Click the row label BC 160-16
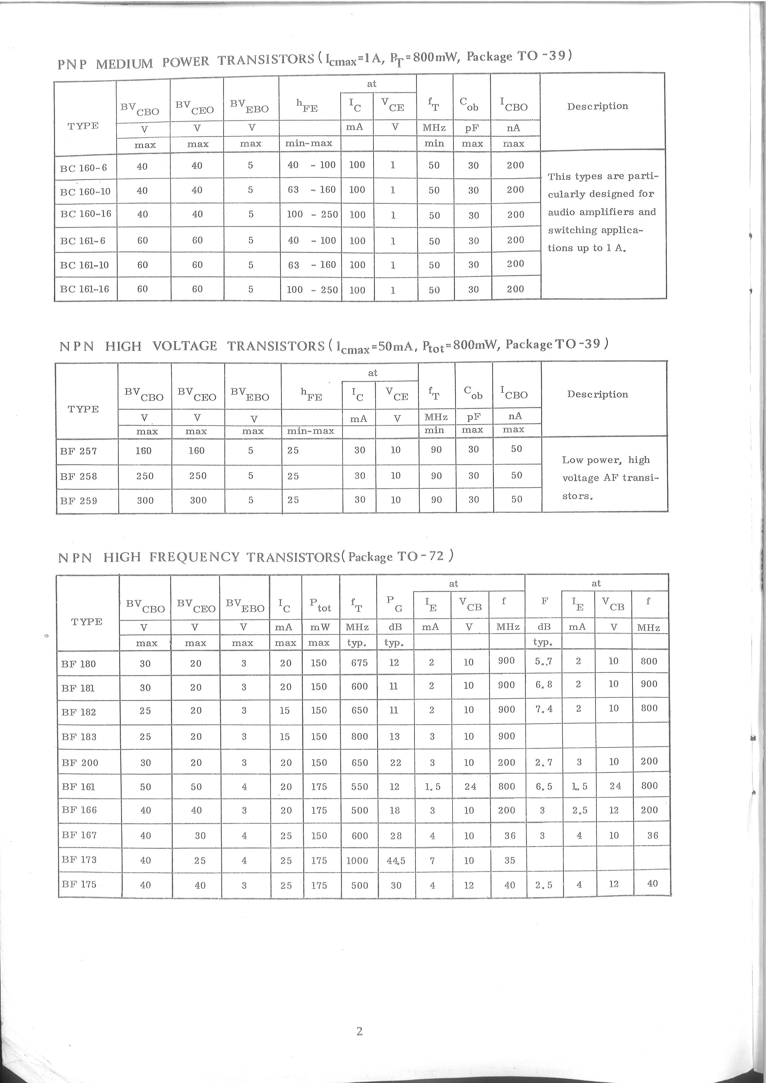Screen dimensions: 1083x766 (x=85, y=214)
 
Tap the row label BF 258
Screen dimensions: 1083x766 (x=78, y=476)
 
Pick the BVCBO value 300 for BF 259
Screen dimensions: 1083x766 (x=145, y=501)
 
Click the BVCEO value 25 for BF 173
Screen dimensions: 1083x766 (x=200, y=860)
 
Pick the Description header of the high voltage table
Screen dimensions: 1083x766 (x=597, y=394)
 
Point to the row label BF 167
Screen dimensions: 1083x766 (x=79, y=835)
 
